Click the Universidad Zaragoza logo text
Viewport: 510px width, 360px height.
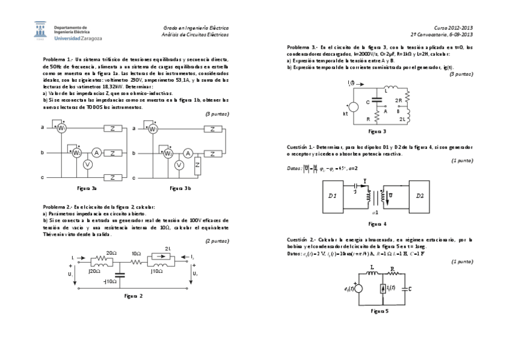point(78,37)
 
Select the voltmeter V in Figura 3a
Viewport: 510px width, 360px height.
point(87,165)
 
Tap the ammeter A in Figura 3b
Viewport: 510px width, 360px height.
point(188,153)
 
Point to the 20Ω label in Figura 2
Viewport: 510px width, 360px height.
point(111,253)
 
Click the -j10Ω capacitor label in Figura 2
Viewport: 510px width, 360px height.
point(110,281)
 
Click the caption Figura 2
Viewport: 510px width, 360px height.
point(133,296)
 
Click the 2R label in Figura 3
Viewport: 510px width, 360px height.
point(398,100)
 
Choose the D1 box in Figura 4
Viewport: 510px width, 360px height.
point(333,195)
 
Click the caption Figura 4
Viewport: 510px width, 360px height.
point(376,224)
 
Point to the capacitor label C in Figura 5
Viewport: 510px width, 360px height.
point(410,288)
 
